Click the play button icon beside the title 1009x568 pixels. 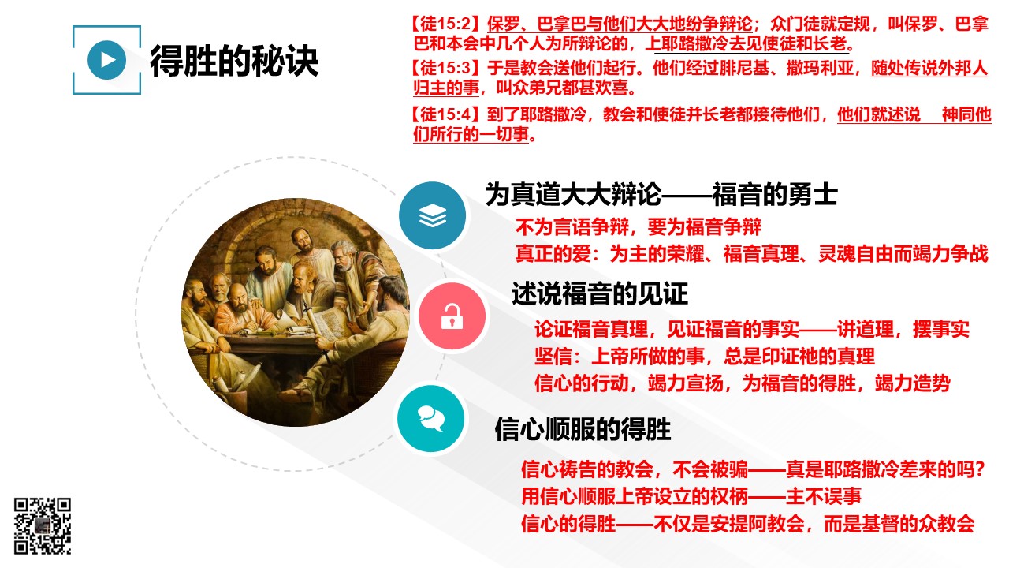(106, 60)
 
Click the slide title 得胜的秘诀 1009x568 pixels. (234, 61)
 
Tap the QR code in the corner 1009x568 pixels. (43, 525)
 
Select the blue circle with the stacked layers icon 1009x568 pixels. (433, 215)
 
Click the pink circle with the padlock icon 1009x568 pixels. (452, 316)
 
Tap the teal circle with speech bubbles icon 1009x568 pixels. (431, 418)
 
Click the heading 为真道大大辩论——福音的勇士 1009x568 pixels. (661, 195)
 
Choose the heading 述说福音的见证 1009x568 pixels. (600, 293)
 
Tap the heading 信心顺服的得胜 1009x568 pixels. (583, 428)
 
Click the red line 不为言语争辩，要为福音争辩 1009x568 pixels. (639, 226)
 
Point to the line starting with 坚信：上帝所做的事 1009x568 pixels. (705, 356)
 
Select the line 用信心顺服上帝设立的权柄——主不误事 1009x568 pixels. (691, 496)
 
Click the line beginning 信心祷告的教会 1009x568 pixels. (753, 469)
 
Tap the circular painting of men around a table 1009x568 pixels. (295, 312)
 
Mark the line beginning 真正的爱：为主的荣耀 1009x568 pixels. (752, 254)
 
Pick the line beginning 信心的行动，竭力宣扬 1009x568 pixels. (743, 383)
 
